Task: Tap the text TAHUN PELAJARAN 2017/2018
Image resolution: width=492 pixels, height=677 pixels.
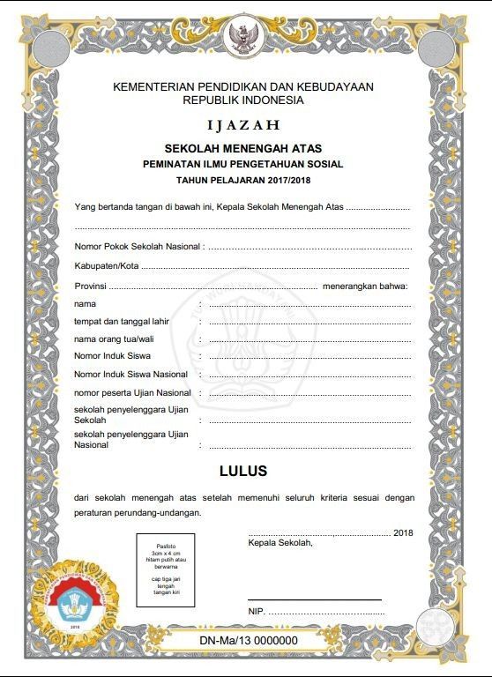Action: point(242,180)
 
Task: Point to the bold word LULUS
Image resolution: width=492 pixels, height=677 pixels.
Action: point(242,471)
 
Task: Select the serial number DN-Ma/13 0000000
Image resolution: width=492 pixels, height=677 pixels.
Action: point(248,641)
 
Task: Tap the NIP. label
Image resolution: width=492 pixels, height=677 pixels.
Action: point(257,611)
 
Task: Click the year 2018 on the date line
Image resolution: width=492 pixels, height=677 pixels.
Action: point(403,533)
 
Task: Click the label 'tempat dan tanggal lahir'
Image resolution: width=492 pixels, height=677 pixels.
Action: point(122,321)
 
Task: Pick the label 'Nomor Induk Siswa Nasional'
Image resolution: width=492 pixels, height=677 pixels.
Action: point(130,375)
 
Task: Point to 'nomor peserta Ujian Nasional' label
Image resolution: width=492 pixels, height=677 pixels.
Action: point(132,392)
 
